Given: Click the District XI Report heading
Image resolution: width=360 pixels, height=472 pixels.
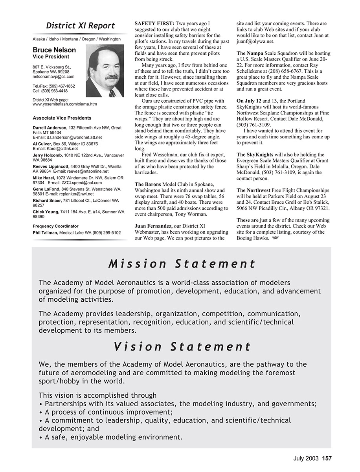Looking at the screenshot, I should pos(80,26).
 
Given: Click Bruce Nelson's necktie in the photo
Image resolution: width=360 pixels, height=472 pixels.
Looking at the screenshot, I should pos(112,93).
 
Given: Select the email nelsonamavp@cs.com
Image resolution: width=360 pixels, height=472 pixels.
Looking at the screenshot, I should pos(53,77).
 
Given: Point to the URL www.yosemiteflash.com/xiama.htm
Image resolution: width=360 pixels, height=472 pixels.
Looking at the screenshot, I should pos(65,104).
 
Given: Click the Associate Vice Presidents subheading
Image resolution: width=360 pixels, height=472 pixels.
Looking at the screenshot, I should pos(62,118).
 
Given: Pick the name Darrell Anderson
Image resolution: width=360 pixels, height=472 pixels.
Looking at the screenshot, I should pos(50,128).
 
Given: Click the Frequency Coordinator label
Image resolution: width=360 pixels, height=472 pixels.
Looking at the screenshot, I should pos(55,226).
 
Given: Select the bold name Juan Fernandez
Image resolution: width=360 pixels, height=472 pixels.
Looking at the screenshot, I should pos(153,226).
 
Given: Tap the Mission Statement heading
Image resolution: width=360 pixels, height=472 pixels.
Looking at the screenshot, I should pos(182,264).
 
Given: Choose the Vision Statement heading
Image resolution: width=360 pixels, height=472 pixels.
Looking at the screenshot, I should pos(182,347).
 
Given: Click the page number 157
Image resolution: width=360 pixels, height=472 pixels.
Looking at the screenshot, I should pos(327,458).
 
